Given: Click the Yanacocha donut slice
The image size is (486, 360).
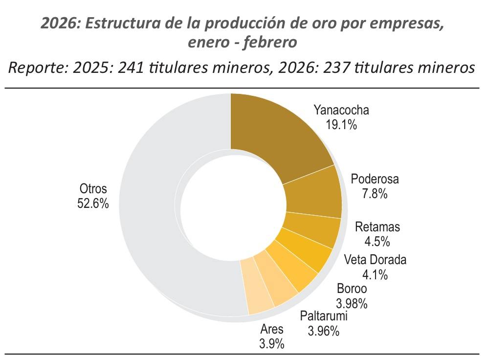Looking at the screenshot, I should pyautogui.click(x=279, y=132).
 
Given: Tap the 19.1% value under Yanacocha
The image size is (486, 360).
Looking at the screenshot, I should pyautogui.click(x=341, y=124).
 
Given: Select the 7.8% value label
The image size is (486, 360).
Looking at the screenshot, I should pyautogui.click(x=375, y=194).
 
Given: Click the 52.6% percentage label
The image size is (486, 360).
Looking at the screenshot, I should pyautogui.click(x=93, y=203).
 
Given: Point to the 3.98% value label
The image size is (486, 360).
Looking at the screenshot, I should pyautogui.click(x=352, y=303).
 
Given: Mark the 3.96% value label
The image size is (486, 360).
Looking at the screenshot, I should pyautogui.click(x=323, y=331).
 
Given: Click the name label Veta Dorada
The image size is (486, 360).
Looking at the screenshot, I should pyautogui.click(x=375, y=259).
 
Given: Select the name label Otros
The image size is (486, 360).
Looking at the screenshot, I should pyautogui.click(x=93, y=189).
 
